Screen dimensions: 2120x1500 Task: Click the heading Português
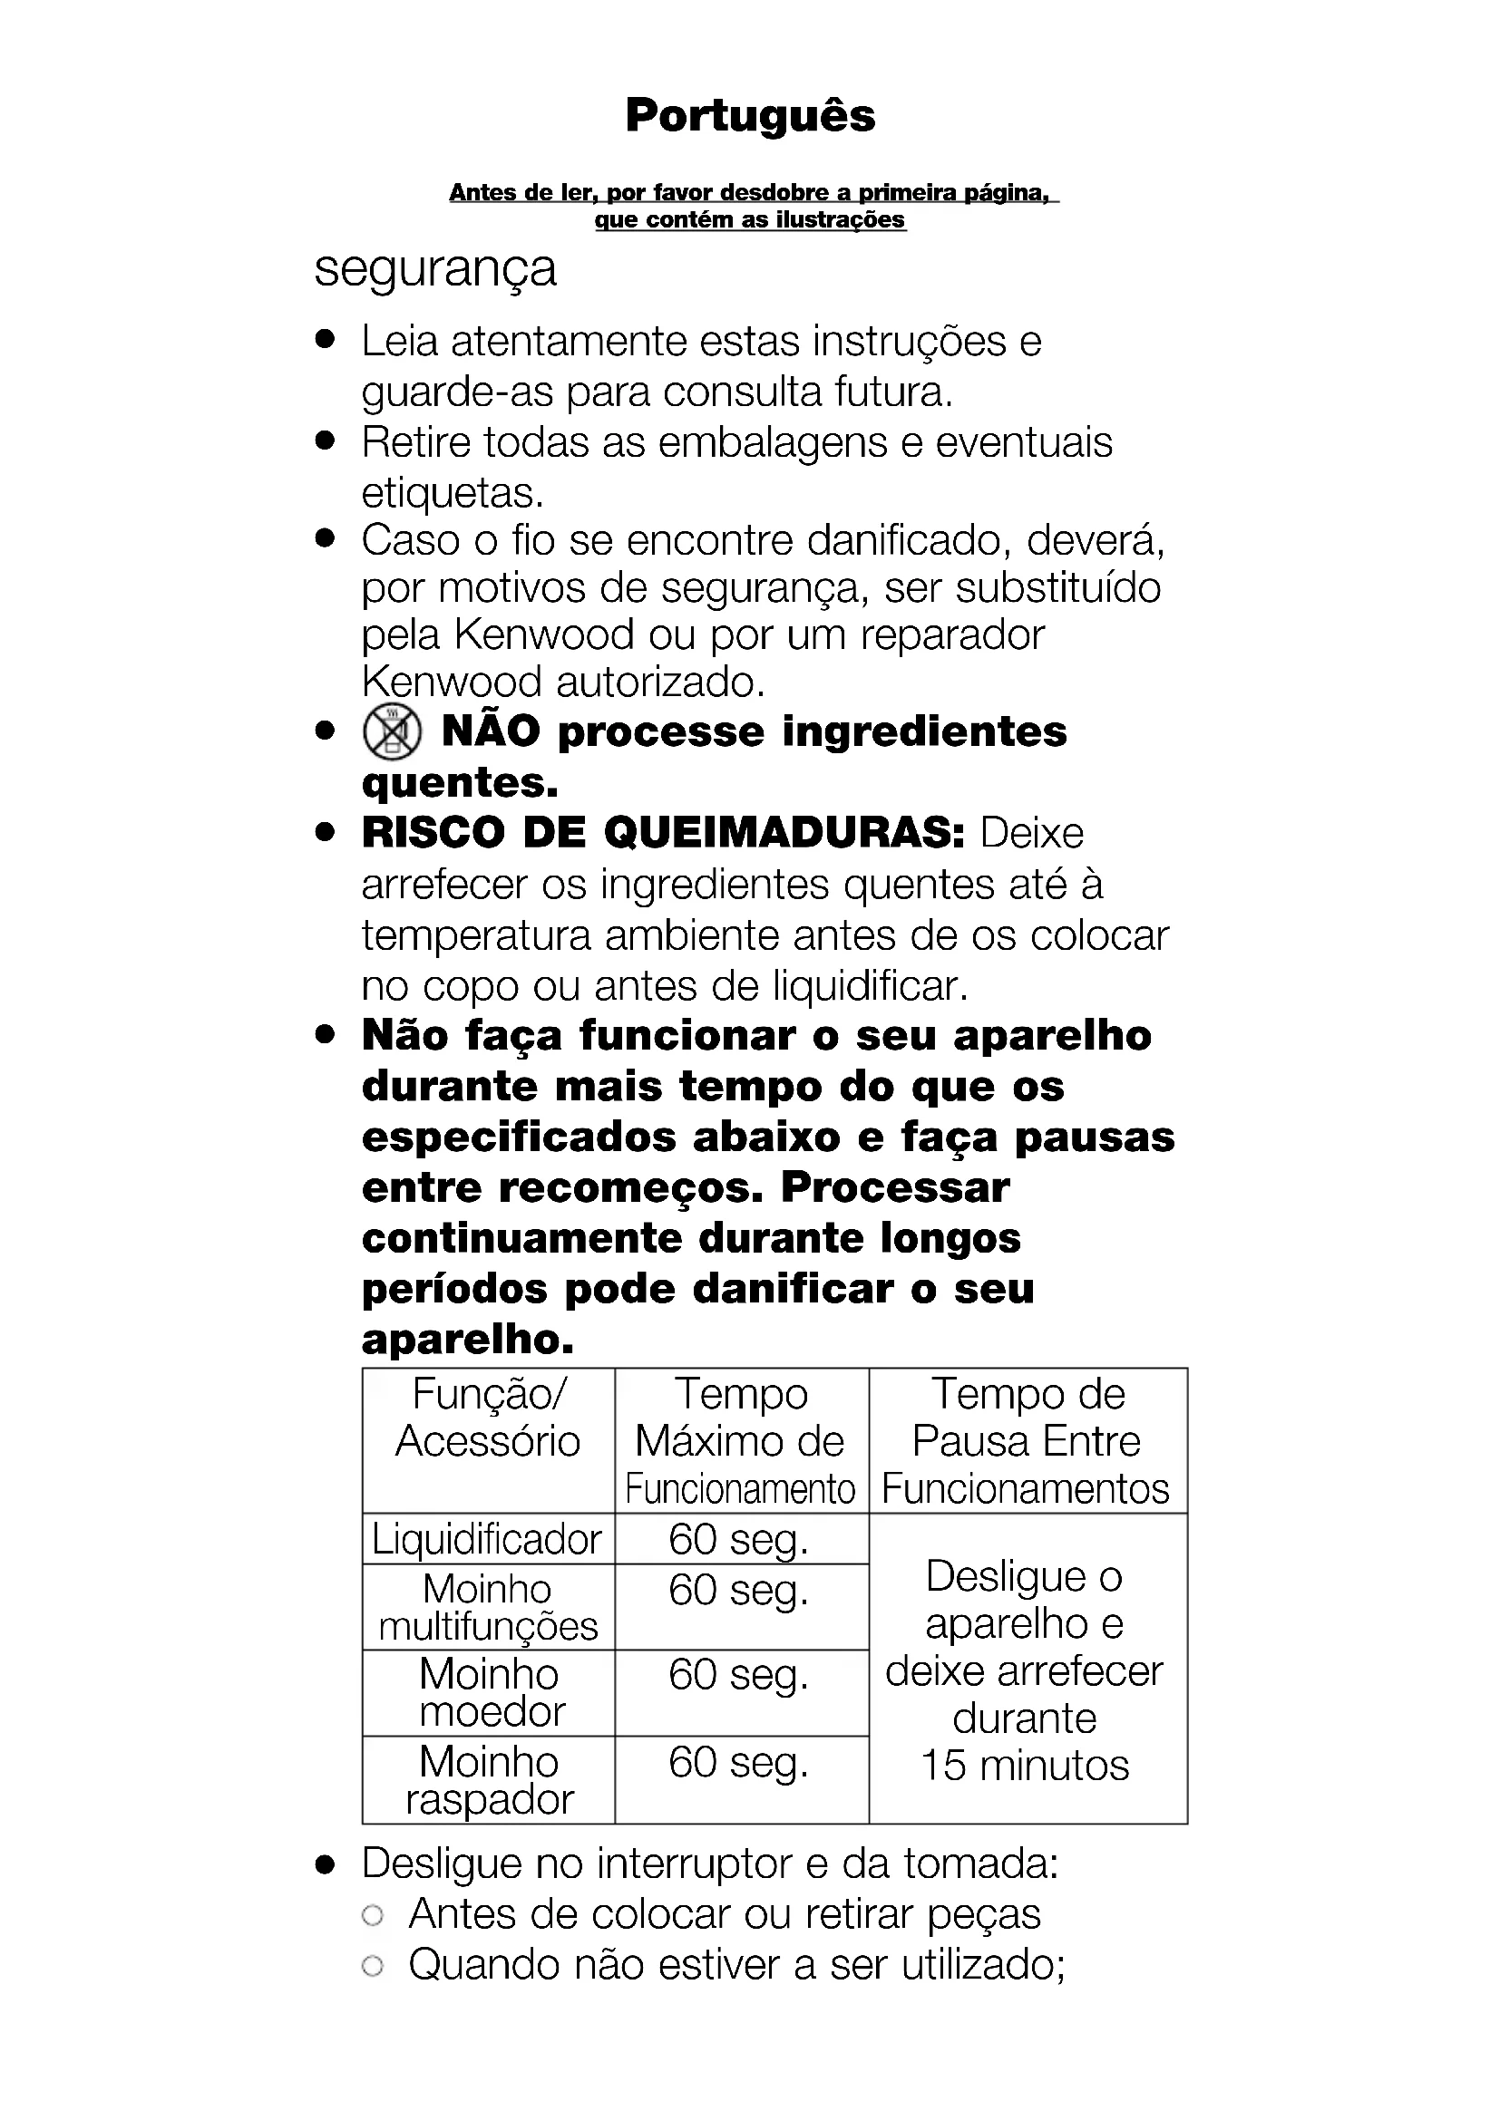[x=749, y=116]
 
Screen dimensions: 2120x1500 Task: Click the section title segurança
[x=435, y=269]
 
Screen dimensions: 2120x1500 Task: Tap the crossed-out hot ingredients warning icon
[x=393, y=731]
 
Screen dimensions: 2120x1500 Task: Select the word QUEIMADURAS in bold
[x=784, y=833]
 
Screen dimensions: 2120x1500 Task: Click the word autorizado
[x=660, y=682]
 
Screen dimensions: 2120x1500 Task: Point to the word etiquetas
[x=452, y=494]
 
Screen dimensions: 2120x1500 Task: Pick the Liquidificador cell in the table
[x=487, y=1539]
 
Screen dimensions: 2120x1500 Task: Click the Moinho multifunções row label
[x=488, y=1608]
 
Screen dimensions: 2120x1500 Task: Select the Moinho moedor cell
[x=489, y=1692]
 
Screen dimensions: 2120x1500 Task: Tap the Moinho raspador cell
[x=489, y=1779]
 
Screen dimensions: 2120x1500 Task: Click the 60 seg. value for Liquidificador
[x=739, y=1539]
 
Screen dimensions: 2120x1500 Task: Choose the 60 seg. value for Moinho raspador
[x=739, y=1762]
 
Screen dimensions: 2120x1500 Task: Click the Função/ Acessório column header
[x=488, y=1418]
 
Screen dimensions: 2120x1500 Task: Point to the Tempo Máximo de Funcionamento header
[x=741, y=1440]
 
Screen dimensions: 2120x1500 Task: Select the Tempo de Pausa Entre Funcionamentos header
[x=1027, y=1440]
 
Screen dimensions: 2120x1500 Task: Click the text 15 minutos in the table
[x=1026, y=1766]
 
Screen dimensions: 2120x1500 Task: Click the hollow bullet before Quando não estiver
[x=373, y=1966]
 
